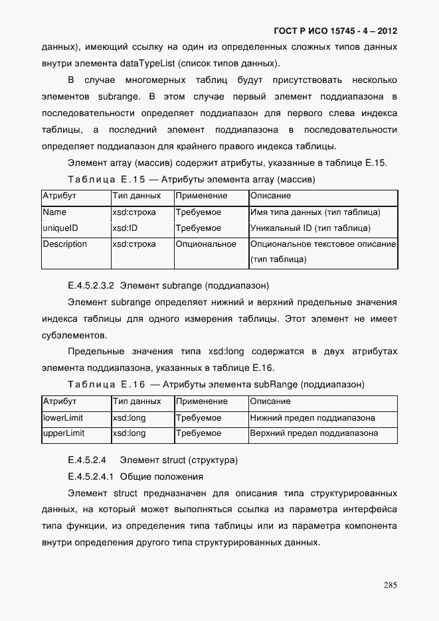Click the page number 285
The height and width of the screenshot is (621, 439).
(390, 585)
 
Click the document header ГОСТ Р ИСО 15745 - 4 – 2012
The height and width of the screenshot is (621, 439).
(335, 31)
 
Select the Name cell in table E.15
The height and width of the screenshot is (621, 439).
(54, 212)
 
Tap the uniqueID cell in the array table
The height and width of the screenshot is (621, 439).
(60, 228)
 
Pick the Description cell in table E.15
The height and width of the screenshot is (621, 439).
(64, 244)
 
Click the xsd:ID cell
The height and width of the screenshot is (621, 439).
(125, 228)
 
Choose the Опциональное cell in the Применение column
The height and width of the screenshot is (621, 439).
(206, 244)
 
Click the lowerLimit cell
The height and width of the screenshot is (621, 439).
(62, 418)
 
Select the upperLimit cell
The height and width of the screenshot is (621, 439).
(63, 434)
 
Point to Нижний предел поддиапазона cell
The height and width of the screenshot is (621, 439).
(312, 418)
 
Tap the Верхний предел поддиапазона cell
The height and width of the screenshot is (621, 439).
(313, 434)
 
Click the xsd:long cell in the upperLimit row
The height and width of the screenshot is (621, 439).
(129, 434)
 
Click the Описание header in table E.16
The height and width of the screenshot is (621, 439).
(270, 402)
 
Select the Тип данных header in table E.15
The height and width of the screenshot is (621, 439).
(136, 196)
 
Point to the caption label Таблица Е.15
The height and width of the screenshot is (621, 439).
(106, 180)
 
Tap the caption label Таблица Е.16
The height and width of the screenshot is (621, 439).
(106, 385)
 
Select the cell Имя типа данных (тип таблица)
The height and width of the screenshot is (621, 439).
(315, 212)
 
